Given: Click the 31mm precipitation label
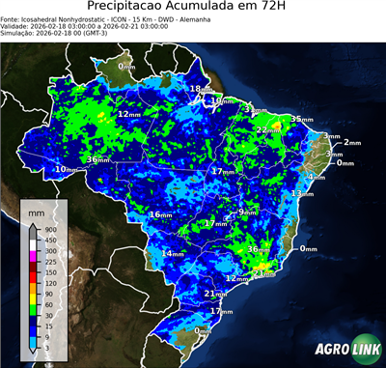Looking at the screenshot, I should pyautogui.click(x=251, y=108).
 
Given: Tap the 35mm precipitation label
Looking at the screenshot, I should pyautogui.click(x=302, y=119).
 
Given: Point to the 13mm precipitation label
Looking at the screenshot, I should pyautogui.click(x=302, y=194).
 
